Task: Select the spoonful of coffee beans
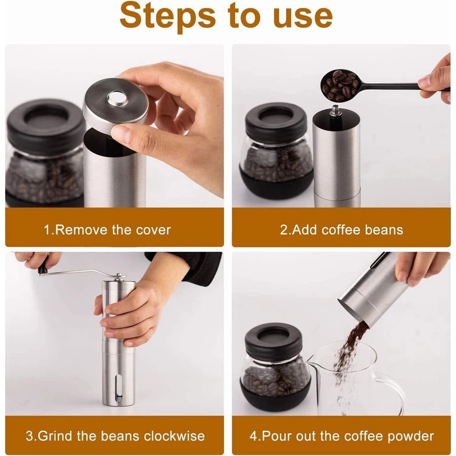[x=340, y=84]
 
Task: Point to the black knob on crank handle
[x=43, y=266]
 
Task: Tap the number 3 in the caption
[x=29, y=436]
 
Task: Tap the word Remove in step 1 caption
[x=80, y=230]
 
